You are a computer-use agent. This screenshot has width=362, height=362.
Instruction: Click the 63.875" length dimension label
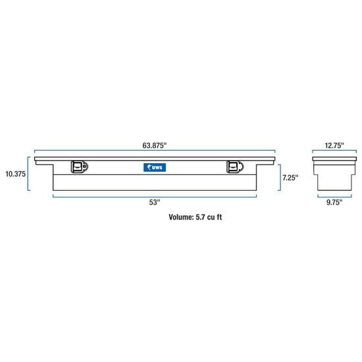(155, 145)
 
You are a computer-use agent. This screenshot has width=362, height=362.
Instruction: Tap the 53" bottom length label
(155, 202)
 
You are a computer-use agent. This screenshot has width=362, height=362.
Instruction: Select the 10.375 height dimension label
(16, 174)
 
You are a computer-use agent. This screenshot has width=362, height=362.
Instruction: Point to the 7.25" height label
(290, 178)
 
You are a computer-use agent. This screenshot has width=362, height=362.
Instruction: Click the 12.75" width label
(334, 145)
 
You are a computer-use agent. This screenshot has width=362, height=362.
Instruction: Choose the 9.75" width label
(334, 202)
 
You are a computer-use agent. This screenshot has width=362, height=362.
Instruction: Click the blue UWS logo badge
(155, 167)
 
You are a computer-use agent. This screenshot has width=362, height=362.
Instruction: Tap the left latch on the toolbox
(80, 167)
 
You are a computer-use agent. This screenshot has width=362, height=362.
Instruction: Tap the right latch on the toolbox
(235, 167)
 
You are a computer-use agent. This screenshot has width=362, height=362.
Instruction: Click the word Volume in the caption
(181, 217)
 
